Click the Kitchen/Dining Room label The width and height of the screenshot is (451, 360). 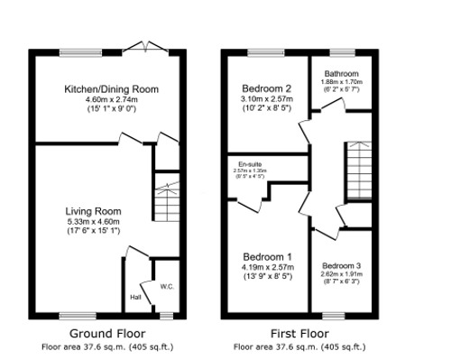click(111, 89)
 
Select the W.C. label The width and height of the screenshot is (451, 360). click(166, 287)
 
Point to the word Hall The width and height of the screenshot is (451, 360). click(136, 297)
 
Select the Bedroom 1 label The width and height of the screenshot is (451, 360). click(267, 256)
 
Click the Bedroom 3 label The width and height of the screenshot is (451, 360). click(341, 265)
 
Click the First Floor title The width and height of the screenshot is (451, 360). click(299, 331)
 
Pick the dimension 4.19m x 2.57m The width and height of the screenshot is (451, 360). click(267, 267)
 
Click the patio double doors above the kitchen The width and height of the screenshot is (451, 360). click(142, 47)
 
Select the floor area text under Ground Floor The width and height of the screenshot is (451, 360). click(107, 345)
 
